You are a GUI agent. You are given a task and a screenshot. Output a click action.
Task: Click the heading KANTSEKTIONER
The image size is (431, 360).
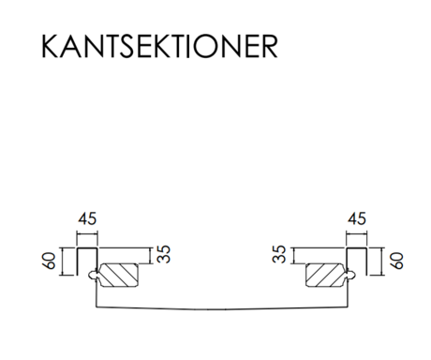pos(159,46)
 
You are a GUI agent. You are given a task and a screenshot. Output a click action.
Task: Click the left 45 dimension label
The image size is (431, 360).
pos(87,218)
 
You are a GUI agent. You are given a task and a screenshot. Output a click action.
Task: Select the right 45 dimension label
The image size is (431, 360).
pos(357,218)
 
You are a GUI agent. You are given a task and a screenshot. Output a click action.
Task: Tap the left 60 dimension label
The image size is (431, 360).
pos(49,261)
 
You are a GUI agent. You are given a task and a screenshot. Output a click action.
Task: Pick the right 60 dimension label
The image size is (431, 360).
pos(396,261)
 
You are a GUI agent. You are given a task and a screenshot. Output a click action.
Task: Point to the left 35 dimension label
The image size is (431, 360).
pos(164,254)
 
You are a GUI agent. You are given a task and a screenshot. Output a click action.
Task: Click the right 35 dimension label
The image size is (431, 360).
pos(279,254)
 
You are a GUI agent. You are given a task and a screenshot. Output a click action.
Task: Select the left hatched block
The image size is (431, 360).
pos(119,275)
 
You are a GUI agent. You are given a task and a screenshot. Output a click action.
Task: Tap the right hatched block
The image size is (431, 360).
pos(325,275)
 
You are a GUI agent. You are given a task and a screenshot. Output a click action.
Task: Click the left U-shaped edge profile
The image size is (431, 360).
pos(87,248)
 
